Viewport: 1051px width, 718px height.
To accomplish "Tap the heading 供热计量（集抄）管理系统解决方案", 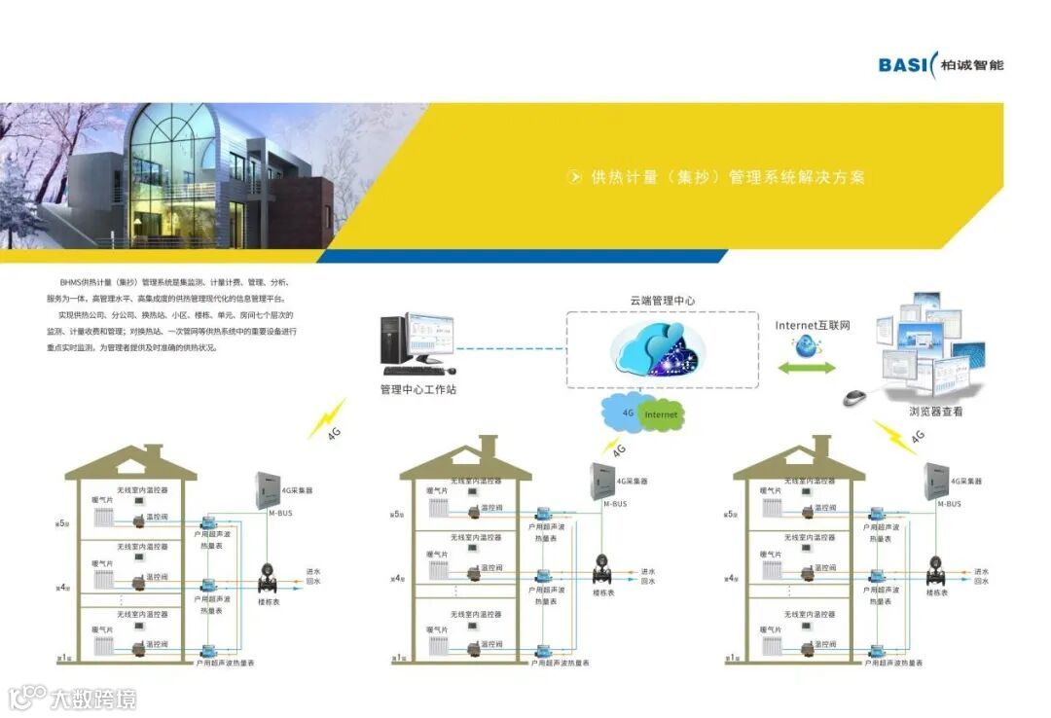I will (727, 177).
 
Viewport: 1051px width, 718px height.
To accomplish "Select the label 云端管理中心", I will (662, 302).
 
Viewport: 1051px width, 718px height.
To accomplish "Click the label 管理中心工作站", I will (417, 390).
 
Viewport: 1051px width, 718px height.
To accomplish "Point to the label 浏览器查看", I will (935, 412).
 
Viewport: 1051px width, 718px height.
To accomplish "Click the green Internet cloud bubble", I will (661, 414).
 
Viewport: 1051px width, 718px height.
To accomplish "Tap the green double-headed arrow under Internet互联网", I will (805, 368).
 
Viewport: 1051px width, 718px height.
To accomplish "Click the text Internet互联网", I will (813, 325).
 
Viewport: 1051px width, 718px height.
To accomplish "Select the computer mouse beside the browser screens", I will (854, 397).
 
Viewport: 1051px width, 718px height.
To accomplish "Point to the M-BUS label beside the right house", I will (949, 504).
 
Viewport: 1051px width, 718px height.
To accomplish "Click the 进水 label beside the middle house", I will (649, 571).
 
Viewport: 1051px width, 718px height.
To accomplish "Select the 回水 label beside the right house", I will (982, 581).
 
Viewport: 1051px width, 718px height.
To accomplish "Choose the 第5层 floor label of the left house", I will (61, 523).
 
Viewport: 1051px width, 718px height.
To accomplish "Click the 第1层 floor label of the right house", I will (732, 659).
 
